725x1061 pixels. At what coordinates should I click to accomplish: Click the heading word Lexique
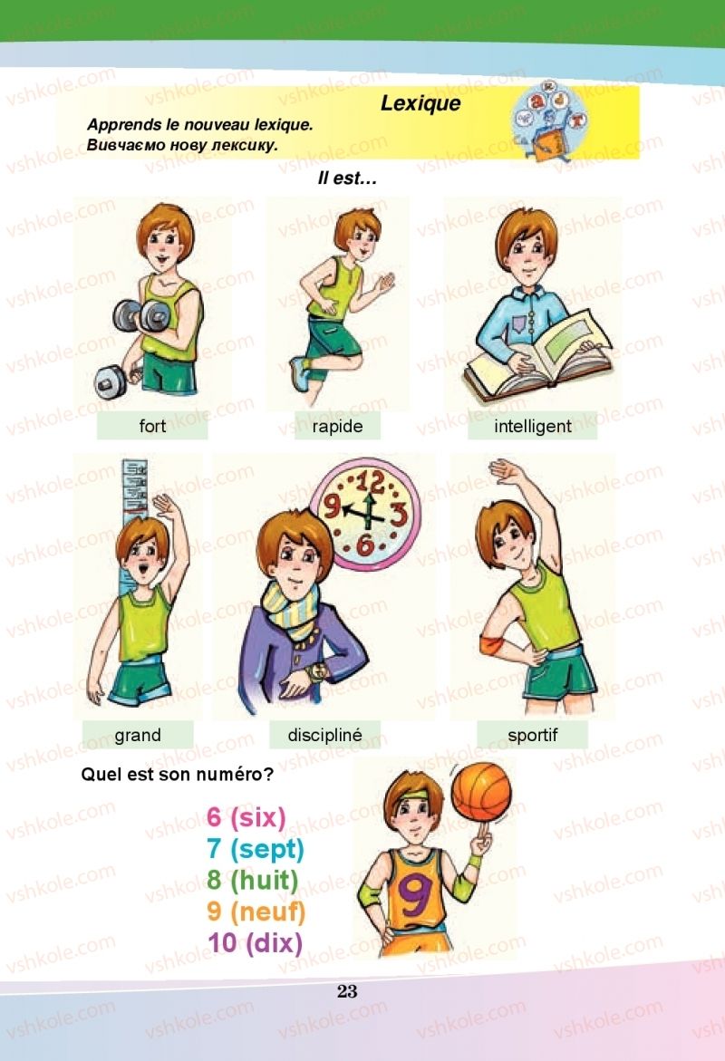coord(420,103)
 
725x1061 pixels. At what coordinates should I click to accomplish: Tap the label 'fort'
coord(152,426)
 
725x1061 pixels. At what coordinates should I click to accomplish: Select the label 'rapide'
coord(337,426)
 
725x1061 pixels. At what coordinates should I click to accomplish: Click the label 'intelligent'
coord(533,426)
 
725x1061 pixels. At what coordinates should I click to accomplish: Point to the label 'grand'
coord(138,736)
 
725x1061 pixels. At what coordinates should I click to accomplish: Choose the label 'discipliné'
coord(325,736)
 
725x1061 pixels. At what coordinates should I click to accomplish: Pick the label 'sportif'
coord(533,736)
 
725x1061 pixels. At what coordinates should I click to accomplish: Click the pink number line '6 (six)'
coord(246,817)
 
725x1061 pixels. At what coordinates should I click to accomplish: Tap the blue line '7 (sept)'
coord(256,849)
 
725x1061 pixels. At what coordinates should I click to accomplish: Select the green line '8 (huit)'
coord(253,880)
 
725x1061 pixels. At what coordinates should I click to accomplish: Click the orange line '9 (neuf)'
coord(256,911)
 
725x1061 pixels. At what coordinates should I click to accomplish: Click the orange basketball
coord(481,793)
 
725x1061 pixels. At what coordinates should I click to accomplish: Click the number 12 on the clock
coord(370,482)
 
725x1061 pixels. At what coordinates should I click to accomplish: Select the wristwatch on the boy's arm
coord(317,672)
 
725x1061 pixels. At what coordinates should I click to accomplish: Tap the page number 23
coord(347,991)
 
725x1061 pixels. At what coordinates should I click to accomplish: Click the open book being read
coord(537,359)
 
